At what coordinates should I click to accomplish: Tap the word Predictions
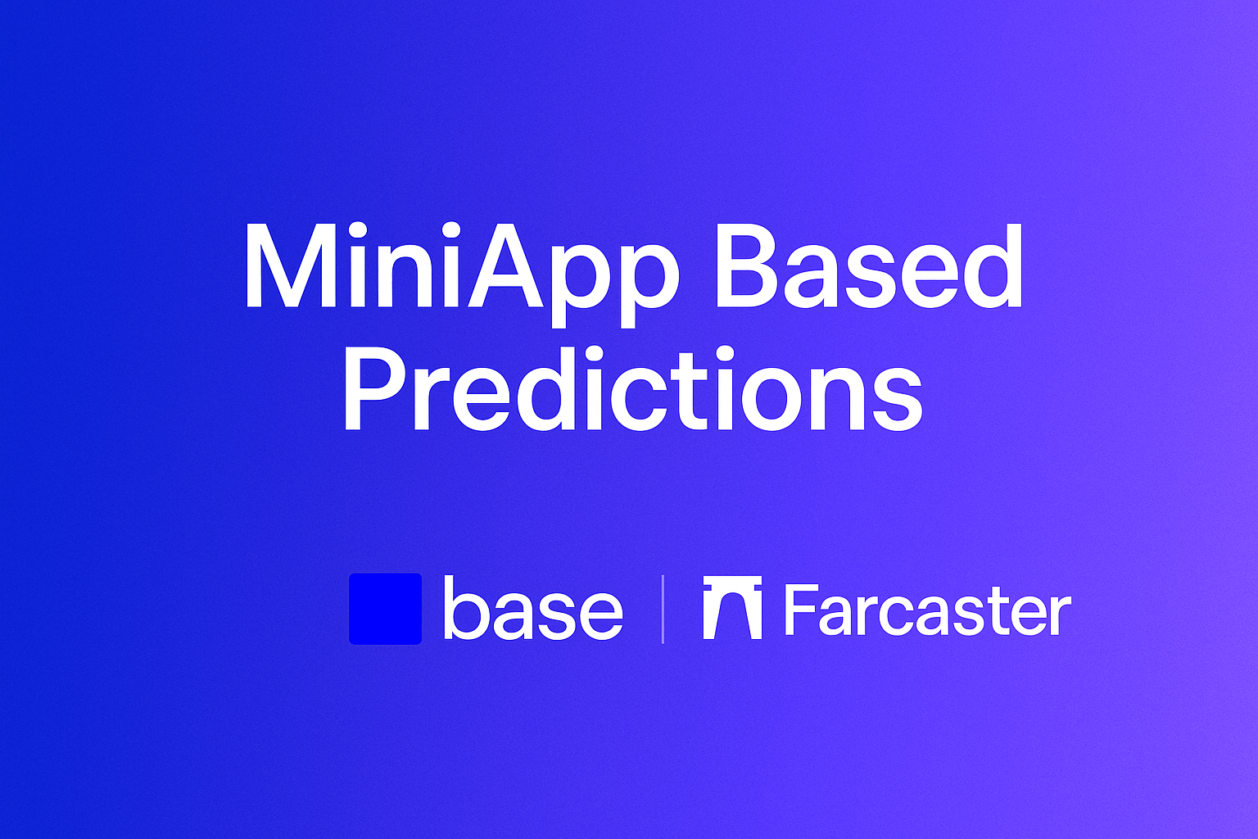(632, 389)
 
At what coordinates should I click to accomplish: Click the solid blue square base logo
(385, 609)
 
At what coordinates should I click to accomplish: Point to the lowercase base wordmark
(533, 609)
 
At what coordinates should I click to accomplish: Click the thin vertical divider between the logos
(663, 609)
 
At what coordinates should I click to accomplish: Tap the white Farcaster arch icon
(732, 608)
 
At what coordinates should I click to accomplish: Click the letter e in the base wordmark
(600, 615)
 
